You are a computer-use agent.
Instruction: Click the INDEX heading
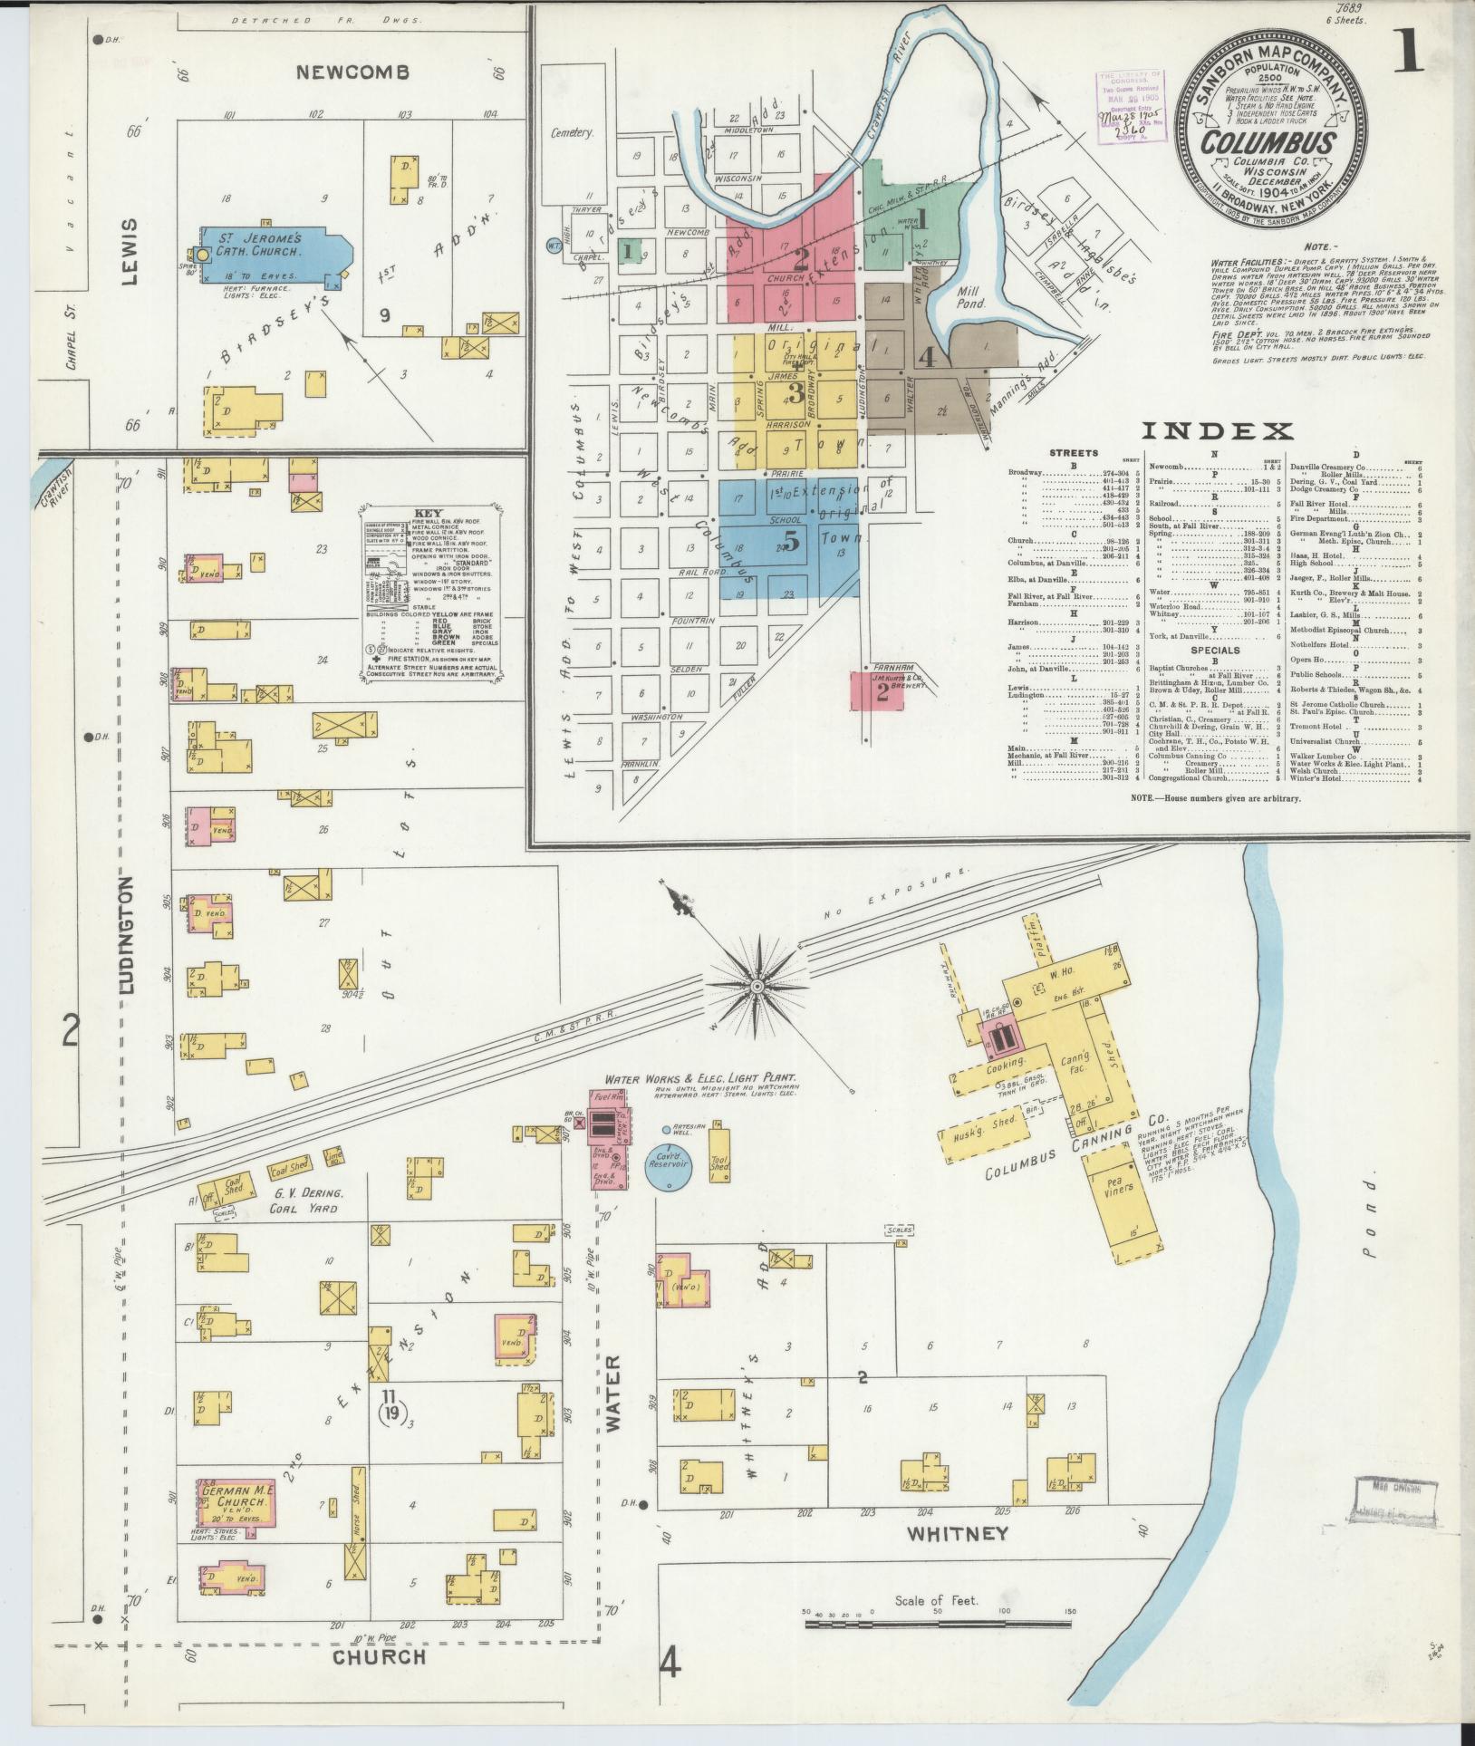coord(1217,431)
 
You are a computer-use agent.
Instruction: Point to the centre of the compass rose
coord(757,984)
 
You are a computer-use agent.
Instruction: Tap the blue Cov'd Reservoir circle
coord(669,1160)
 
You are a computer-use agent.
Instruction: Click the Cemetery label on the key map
coord(573,133)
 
